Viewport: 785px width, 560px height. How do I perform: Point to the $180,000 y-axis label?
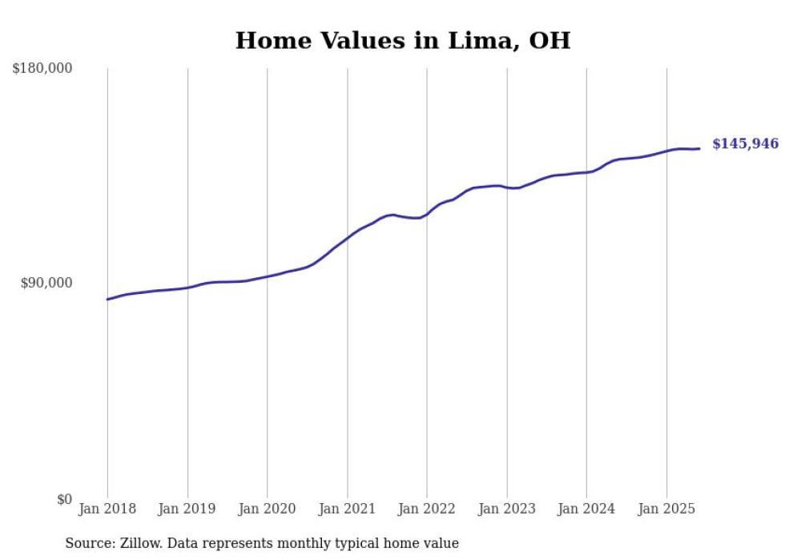tap(42, 68)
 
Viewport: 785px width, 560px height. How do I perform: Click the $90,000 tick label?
tap(46, 283)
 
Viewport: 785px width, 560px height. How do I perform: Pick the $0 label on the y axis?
tap(64, 499)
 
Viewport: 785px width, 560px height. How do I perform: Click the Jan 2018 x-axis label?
tap(107, 509)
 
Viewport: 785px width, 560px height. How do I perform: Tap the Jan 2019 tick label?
tap(187, 509)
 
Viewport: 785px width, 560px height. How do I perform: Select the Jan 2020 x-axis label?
tap(268, 509)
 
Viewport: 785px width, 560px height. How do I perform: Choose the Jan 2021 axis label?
tap(347, 509)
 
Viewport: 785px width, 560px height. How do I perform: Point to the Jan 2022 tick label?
tap(427, 509)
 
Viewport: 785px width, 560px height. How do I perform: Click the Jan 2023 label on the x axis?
tap(507, 509)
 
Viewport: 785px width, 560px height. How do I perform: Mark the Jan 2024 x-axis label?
tap(586, 509)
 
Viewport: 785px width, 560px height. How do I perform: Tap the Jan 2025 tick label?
tap(666, 509)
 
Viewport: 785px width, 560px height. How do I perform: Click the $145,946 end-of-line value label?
tap(745, 144)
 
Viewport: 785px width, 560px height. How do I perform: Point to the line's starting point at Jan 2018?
tap(107, 300)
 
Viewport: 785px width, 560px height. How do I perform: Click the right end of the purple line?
tap(699, 148)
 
